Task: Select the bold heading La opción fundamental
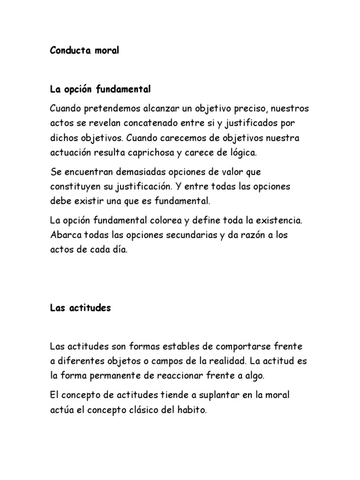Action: tap(101, 89)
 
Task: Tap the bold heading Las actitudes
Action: tap(80, 308)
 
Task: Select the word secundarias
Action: tap(187, 235)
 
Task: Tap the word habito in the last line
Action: tap(190, 410)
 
